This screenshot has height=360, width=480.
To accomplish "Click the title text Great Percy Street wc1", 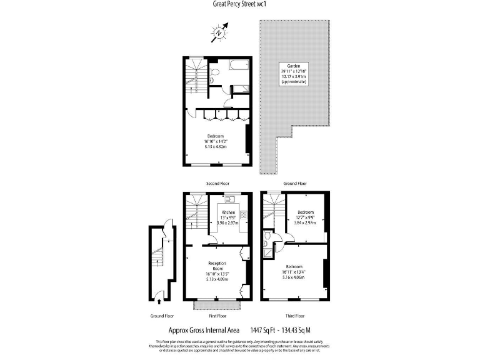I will [239, 4].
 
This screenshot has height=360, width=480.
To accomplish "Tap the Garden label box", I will [293, 73].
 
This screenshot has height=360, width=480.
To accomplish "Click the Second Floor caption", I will [217, 184].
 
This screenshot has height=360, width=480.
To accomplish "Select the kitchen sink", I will [229, 200].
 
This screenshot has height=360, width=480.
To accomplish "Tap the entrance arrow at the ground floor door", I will [158, 301].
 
